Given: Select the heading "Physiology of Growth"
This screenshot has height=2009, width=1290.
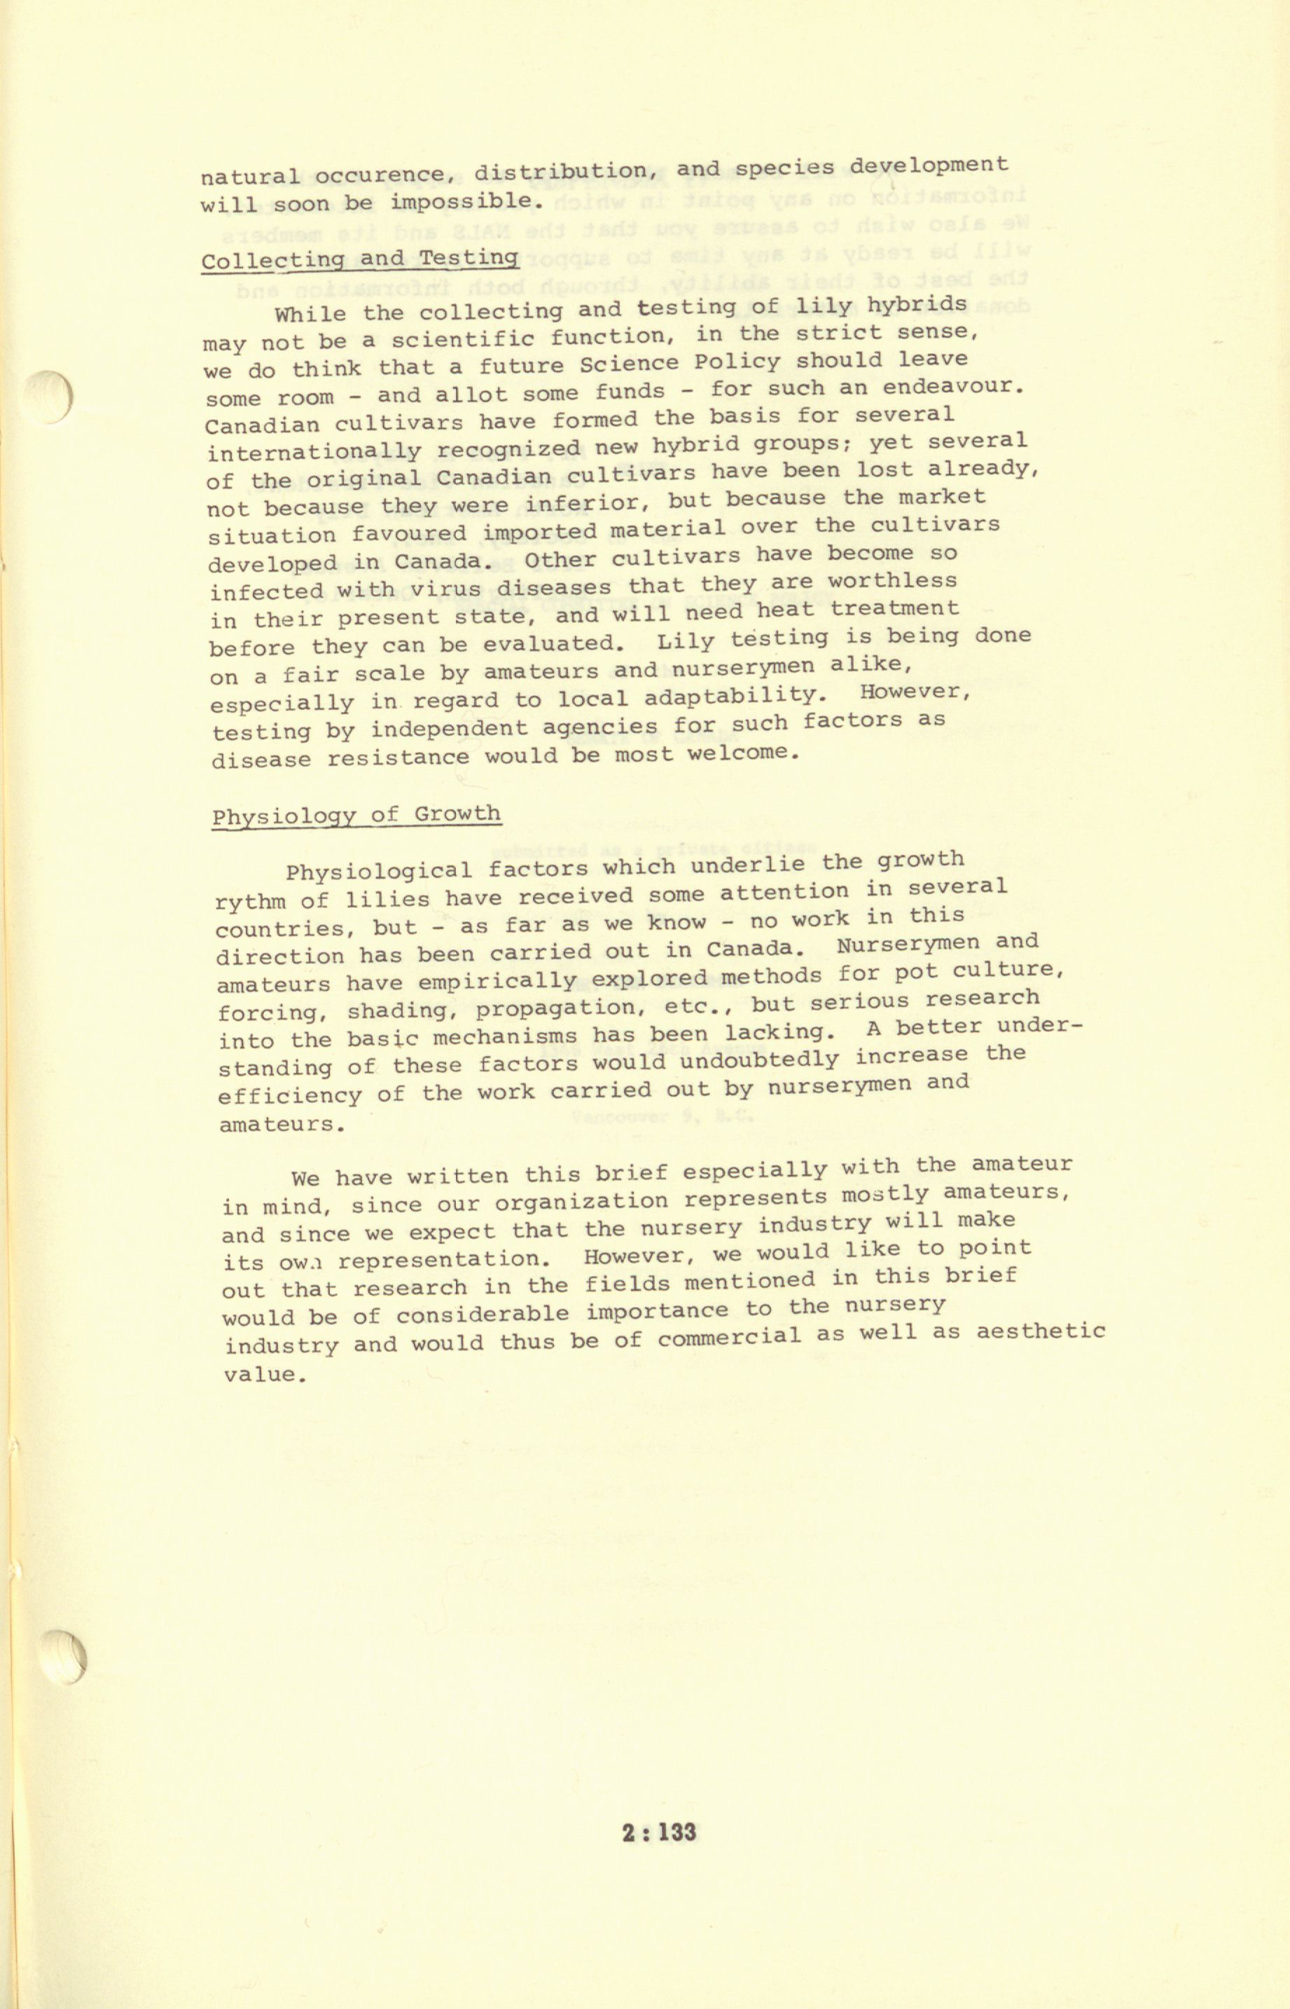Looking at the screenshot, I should point(356,815).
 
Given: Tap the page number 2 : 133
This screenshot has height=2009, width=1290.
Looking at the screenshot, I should point(659,1831).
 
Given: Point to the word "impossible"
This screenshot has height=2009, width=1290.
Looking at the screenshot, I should point(461,202).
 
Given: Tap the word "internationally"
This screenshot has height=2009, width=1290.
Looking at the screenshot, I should point(314,453).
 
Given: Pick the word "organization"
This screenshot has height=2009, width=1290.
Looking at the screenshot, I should point(581,1202).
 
